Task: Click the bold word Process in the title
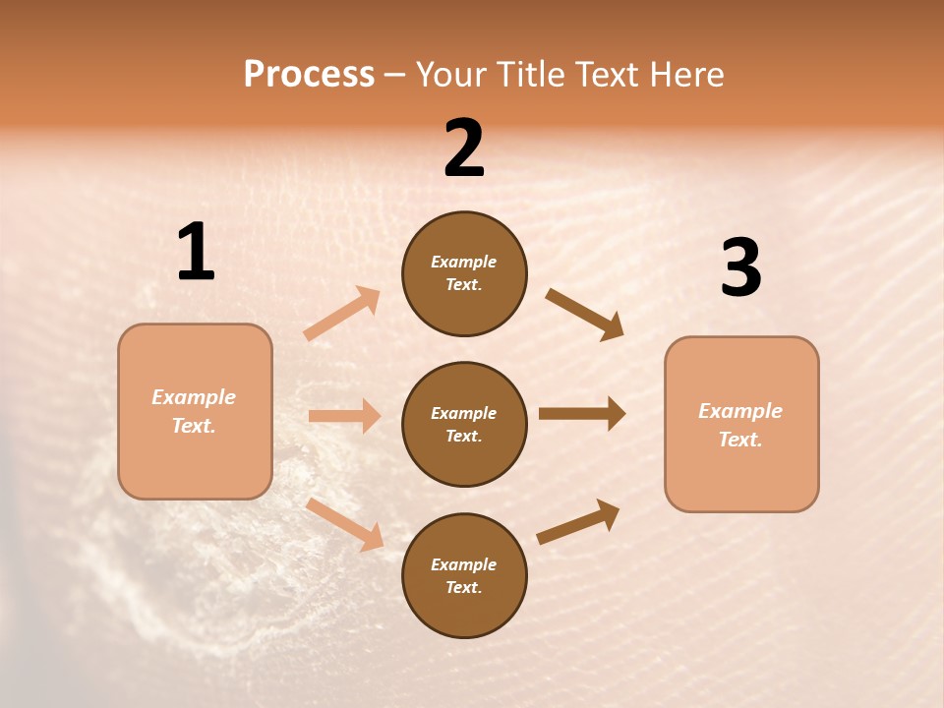[x=309, y=75]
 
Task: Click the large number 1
[x=196, y=254]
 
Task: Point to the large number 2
[x=464, y=149]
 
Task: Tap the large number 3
[x=740, y=269]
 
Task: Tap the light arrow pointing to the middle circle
[x=344, y=416]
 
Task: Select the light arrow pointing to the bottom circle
[x=344, y=524]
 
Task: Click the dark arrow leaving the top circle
[x=584, y=315]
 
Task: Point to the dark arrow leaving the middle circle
[x=582, y=414]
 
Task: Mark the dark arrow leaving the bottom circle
[x=578, y=522]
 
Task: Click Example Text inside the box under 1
[x=194, y=411]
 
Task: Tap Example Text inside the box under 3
[x=740, y=425]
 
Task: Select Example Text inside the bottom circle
[x=464, y=576]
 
